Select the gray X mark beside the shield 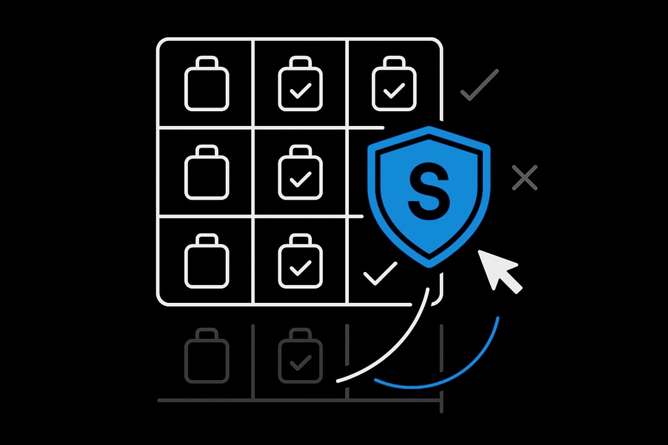coord(525,178)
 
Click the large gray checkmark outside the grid coord(479,85)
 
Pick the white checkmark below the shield coord(380,273)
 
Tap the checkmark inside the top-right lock coord(393,92)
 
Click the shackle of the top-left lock coord(207,63)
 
